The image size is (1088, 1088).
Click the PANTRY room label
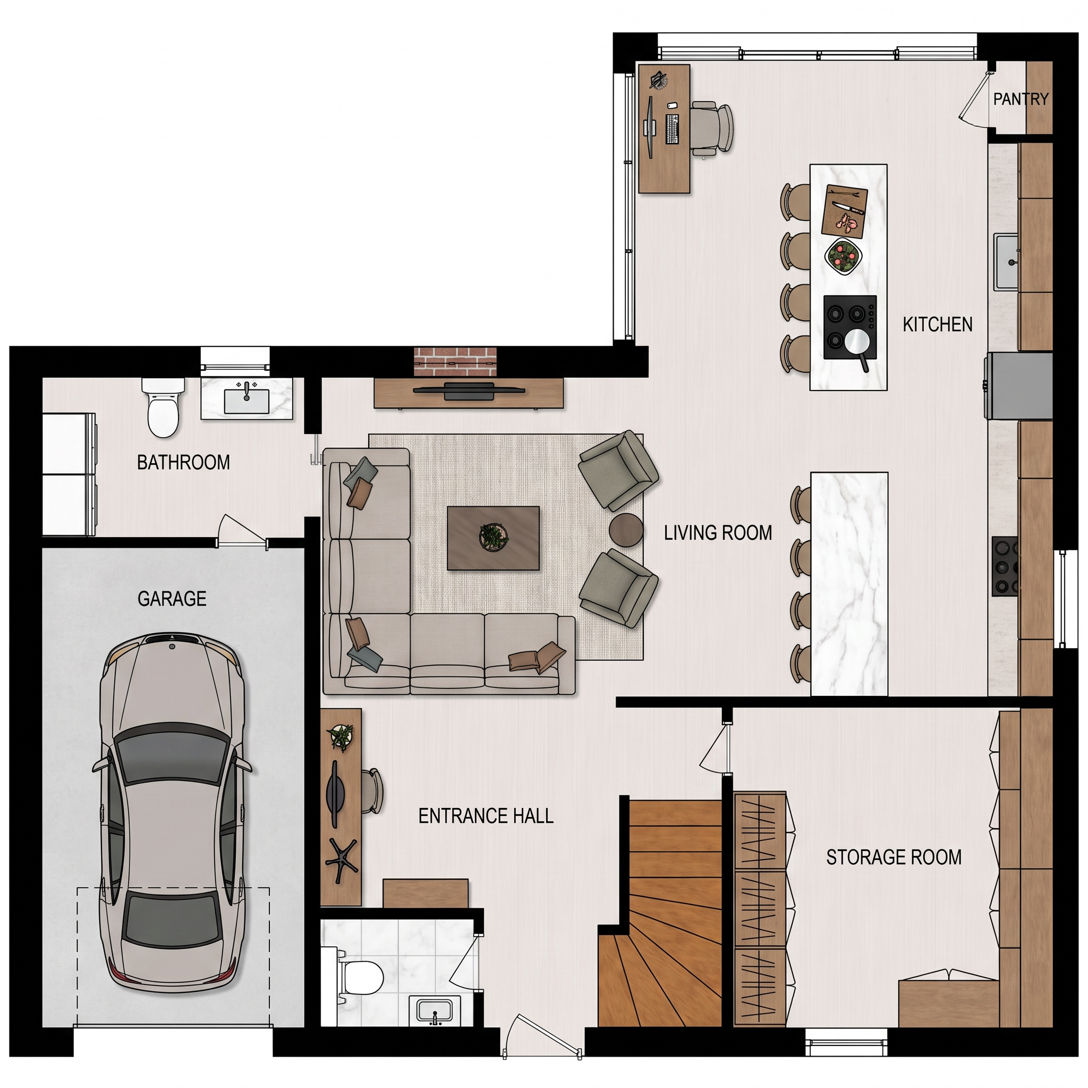[x=1021, y=99]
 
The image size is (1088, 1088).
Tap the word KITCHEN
[x=938, y=325]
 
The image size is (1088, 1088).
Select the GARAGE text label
[x=172, y=599]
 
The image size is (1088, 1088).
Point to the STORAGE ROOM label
[x=894, y=857]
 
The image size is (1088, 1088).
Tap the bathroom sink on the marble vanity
[x=246, y=400]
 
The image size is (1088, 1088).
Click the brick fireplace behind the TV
[x=456, y=362]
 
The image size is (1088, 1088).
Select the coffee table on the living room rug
[x=494, y=538]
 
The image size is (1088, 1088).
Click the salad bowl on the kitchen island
[x=844, y=256]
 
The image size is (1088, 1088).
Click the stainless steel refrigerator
[x=1018, y=386]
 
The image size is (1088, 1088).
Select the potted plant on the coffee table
[x=494, y=536]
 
